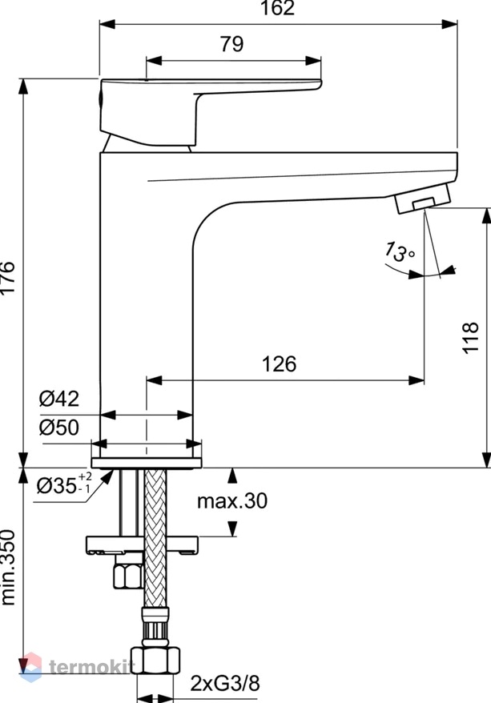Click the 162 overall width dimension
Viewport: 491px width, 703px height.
click(277, 8)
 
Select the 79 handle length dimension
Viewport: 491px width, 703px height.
click(231, 44)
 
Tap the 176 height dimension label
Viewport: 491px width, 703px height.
click(8, 277)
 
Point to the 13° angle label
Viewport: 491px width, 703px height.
click(399, 251)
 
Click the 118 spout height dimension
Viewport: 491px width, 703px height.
click(470, 338)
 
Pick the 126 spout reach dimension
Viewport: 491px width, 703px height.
click(279, 364)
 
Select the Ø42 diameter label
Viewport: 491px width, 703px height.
click(58, 398)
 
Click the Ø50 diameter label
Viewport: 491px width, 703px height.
click(58, 428)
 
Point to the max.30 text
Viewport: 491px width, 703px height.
click(232, 500)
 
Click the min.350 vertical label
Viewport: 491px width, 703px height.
click(8, 568)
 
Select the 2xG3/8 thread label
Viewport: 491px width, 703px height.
click(225, 684)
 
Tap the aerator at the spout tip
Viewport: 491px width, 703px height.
click(423, 198)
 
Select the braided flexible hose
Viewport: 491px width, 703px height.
click(155, 538)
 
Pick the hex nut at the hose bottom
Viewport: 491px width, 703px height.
click(155, 660)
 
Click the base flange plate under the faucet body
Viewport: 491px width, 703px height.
click(147, 463)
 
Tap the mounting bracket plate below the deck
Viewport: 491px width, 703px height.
click(142, 544)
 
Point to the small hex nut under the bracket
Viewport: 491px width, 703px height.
click(128, 576)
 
